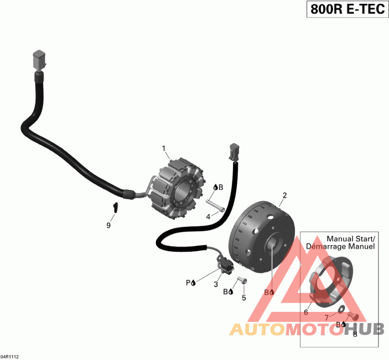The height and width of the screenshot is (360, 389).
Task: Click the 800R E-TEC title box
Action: tap(346, 9)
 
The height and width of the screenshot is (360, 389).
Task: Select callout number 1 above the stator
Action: tap(164, 148)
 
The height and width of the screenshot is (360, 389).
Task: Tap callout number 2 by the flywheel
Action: tap(285, 196)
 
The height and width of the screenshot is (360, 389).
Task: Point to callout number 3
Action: tap(216, 284)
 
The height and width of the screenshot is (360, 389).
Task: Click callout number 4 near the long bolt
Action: tap(208, 217)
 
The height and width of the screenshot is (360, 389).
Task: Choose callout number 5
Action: tap(244, 297)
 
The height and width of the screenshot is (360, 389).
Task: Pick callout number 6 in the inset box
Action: tap(306, 312)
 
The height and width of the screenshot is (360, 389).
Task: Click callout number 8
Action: tap(354, 334)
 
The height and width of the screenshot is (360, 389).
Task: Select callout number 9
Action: tap(108, 225)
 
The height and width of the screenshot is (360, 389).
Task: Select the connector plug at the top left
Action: tap(38, 59)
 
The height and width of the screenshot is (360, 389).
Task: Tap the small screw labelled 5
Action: tap(242, 280)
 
